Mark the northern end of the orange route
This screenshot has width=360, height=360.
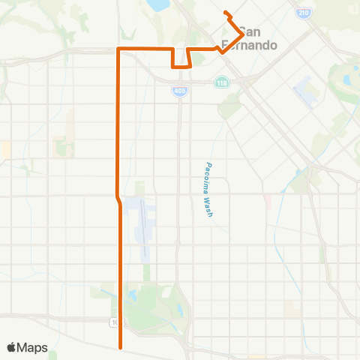coord(226,12)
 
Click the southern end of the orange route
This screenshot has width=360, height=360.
coord(120,347)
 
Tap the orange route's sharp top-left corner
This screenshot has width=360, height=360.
coord(118,49)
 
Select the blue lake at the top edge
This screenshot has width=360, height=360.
coord(160,5)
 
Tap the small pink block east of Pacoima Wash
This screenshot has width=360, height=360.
coord(267,201)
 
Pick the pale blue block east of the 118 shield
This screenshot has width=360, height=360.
coord(306,91)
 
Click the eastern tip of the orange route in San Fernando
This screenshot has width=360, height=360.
coord(241,34)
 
